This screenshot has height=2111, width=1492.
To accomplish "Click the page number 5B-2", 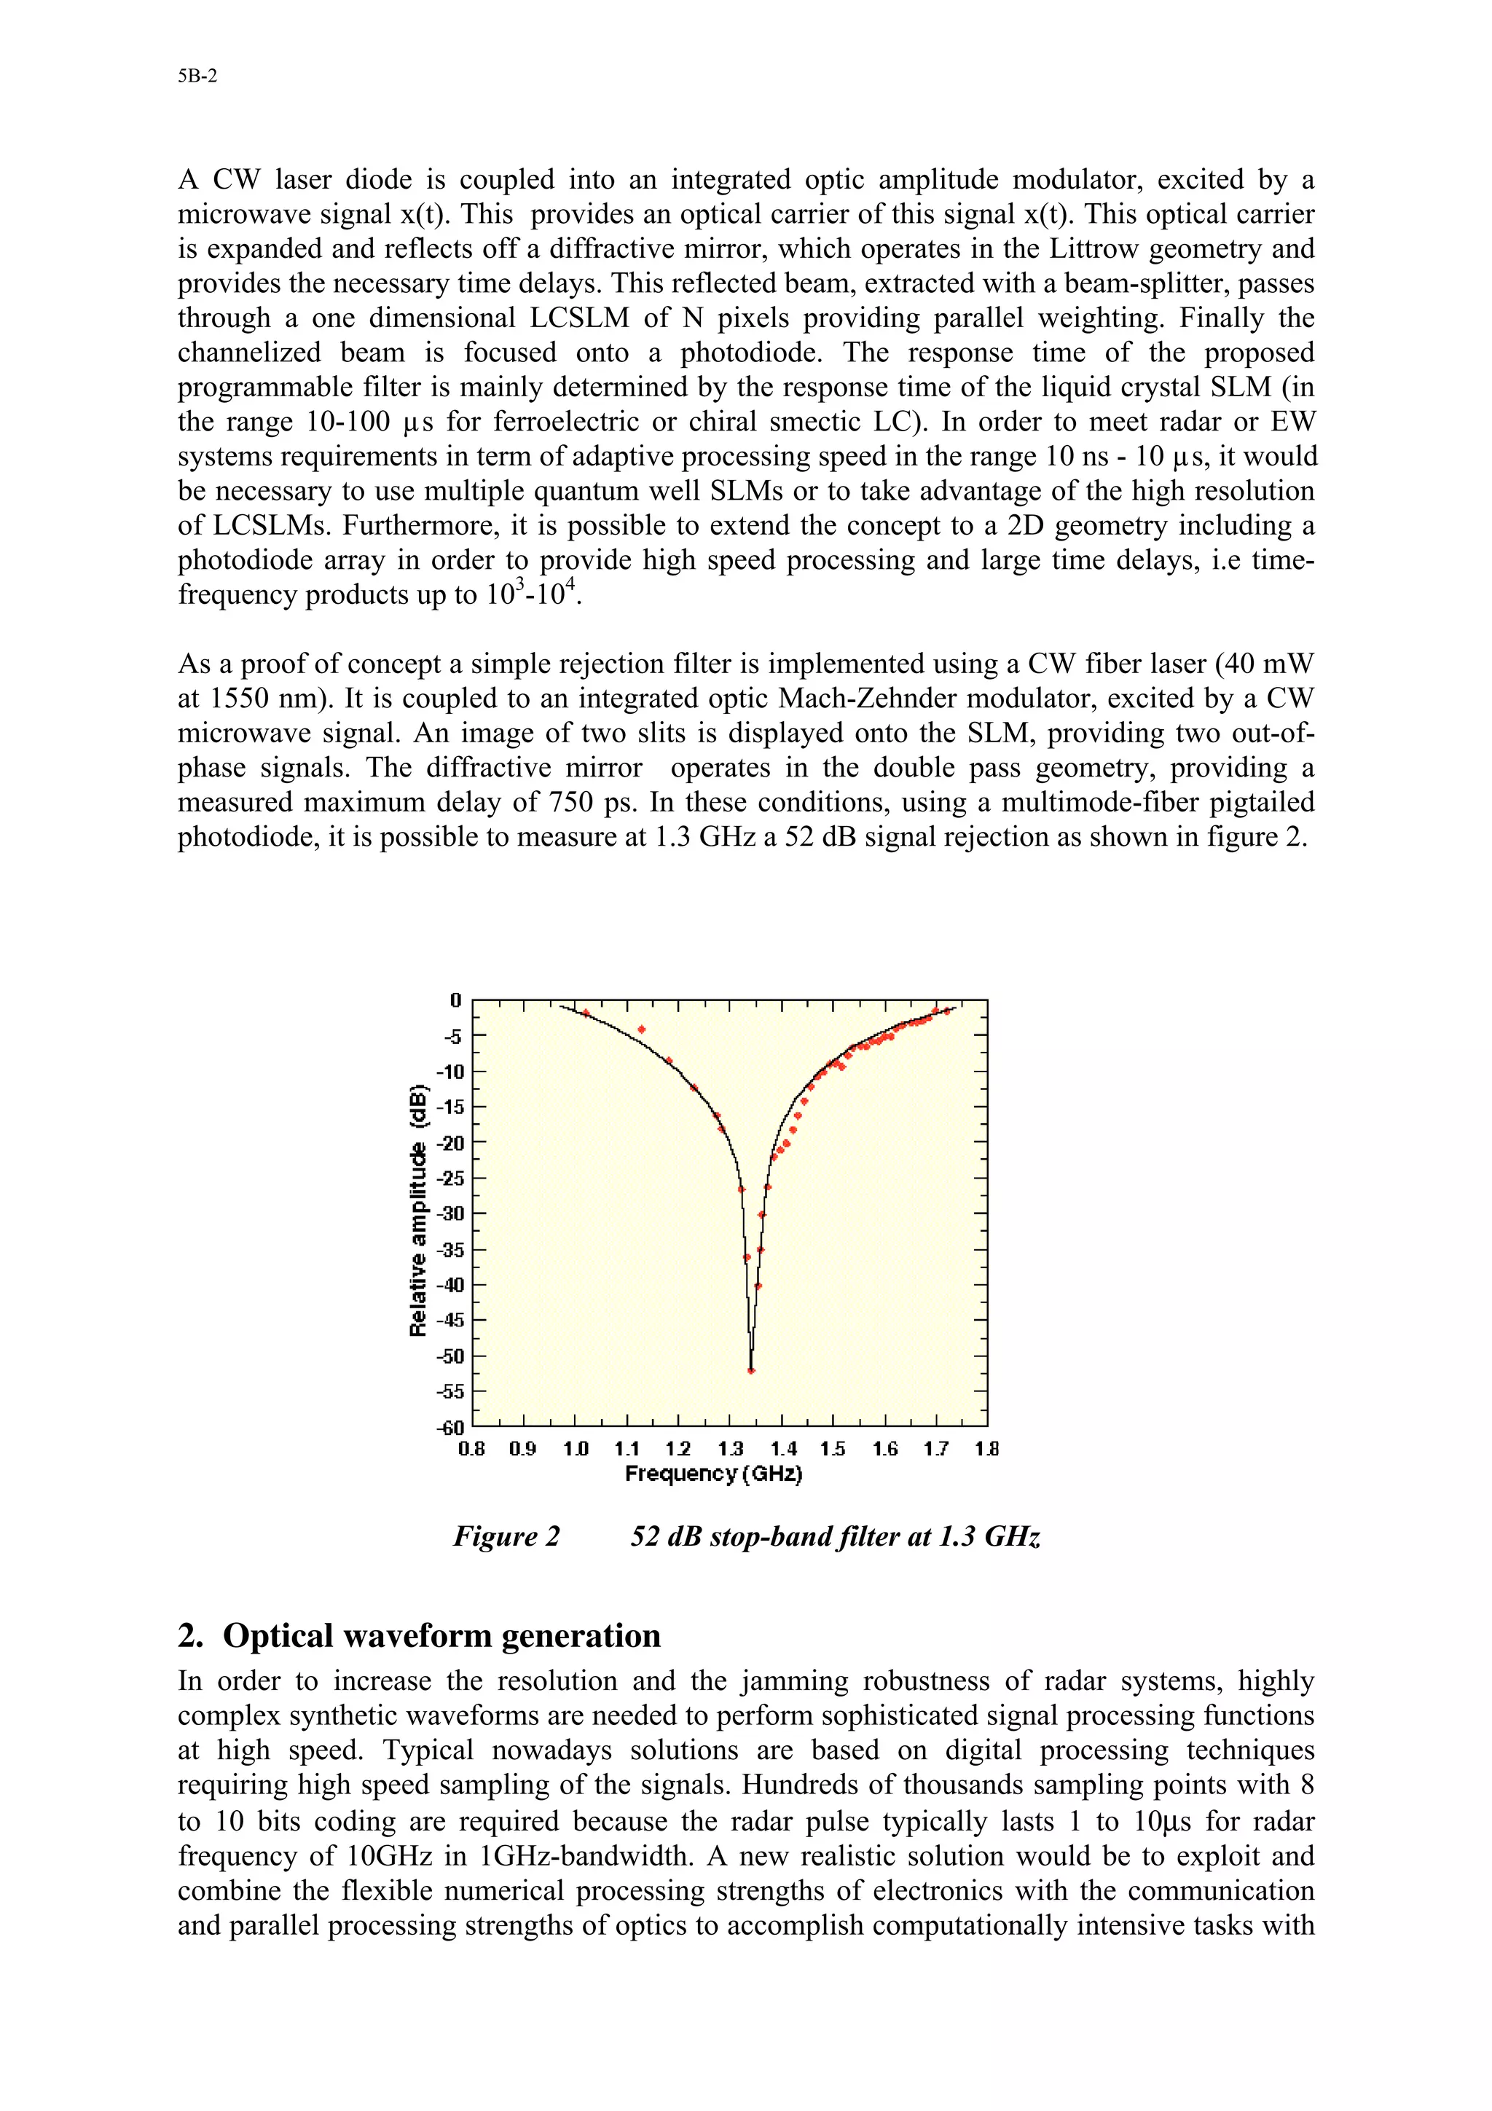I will [x=197, y=76].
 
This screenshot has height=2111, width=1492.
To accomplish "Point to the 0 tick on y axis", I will [x=456, y=999].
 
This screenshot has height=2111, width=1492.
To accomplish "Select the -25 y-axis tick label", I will [x=450, y=1178].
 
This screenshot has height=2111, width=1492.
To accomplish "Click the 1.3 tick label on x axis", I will [x=730, y=1450].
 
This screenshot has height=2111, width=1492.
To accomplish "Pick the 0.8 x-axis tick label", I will [x=471, y=1450].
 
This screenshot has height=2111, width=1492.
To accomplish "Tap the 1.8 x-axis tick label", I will [x=986, y=1450].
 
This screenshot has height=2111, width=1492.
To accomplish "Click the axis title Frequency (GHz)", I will [x=713, y=1474].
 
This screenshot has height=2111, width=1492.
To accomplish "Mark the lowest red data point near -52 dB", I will [x=751, y=1371].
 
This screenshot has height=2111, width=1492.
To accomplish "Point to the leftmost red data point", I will [x=586, y=1013].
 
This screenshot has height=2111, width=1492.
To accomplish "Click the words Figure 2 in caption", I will [x=506, y=1537].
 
